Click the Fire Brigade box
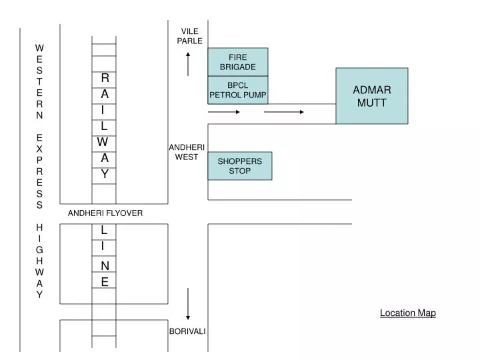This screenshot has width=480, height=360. point(238,62)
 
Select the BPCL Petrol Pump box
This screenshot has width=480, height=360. point(238,90)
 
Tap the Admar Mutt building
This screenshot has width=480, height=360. point(372,96)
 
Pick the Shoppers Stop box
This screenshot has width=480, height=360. point(240,166)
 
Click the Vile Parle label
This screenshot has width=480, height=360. point(190,36)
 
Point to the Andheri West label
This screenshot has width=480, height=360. point(187,152)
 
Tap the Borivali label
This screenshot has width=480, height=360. point(187,331)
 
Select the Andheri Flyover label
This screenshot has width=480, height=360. point(105,213)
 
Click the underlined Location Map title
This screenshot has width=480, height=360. point(408,313)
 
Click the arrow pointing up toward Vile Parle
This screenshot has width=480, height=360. point(188,64)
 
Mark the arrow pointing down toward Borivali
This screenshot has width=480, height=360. point(188,304)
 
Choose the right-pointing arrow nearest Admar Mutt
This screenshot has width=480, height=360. point(284,112)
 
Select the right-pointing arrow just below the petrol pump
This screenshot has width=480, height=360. point(224,112)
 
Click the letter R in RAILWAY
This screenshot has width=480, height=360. point(105,78)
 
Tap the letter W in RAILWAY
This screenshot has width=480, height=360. point(103,142)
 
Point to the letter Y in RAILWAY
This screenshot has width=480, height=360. point(105,174)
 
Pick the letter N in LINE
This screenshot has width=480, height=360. point(105,266)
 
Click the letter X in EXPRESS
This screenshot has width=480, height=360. point(39,149)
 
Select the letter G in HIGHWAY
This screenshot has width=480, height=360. point(39,250)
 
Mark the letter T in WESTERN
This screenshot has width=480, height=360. point(39,82)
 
